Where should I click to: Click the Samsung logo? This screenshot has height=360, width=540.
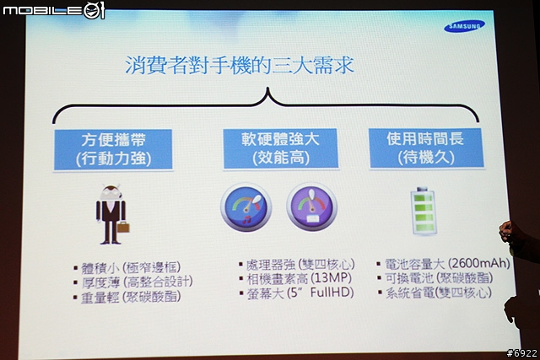[464, 26]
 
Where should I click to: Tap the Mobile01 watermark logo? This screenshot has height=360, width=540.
[53, 10]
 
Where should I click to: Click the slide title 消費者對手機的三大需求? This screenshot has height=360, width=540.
[240, 65]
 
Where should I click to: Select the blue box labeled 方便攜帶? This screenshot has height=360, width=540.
[113, 149]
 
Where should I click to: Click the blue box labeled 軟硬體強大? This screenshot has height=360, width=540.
[280, 148]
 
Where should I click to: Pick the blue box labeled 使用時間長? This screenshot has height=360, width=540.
[426, 148]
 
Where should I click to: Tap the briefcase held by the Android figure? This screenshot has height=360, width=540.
[123, 227]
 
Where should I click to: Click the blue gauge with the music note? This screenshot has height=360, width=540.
[246, 207]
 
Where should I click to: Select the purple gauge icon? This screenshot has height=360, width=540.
[311, 207]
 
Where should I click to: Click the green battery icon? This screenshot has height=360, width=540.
[424, 212]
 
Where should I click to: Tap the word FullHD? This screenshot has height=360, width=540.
[332, 293]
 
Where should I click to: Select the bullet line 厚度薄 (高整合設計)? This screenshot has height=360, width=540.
[133, 282]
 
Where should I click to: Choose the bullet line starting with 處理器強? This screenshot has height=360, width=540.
[297, 265]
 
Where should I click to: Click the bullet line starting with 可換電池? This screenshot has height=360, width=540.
[435, 277]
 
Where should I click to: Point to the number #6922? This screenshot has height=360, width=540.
[521, 353]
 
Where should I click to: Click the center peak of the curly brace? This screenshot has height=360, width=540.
[267, 89]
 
